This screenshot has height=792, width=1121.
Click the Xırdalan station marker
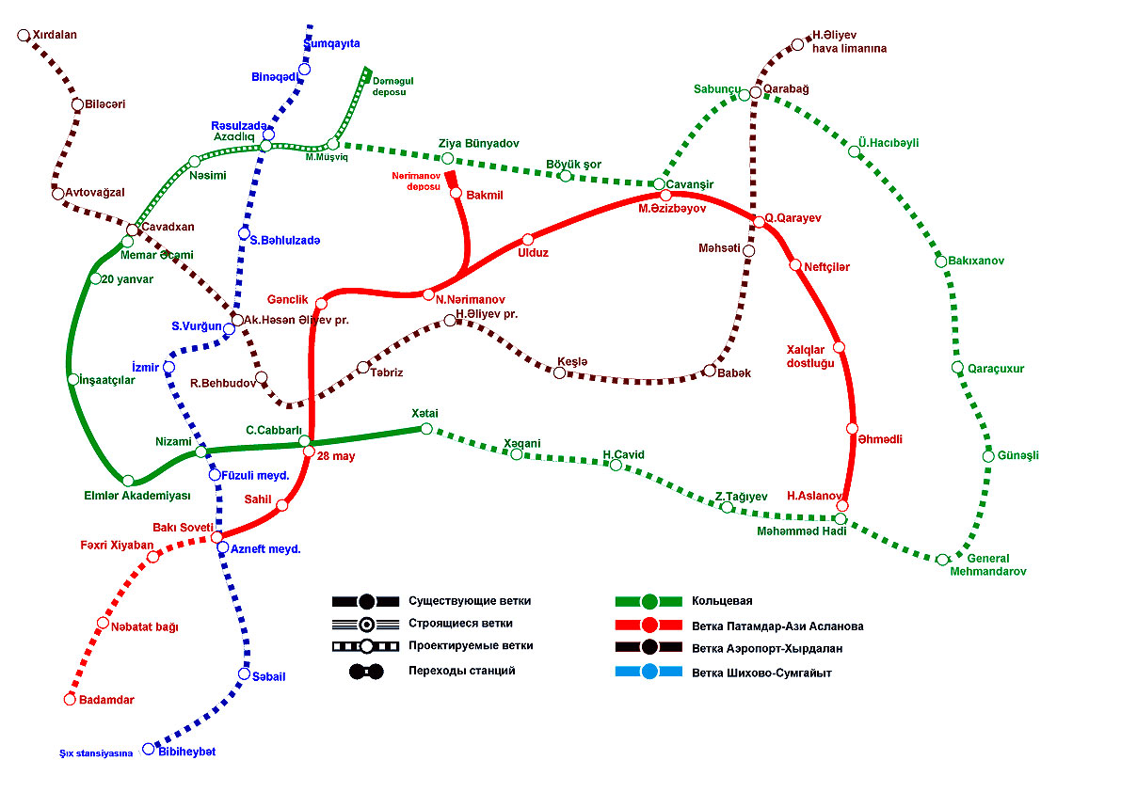point(24,36)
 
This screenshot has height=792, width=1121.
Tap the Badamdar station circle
point(69,699)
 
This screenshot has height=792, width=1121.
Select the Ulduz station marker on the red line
point(527,239)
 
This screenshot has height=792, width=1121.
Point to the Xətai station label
point(424,414)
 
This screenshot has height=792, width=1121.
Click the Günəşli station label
point(1017,455)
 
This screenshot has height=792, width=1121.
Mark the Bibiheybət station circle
point(148,749)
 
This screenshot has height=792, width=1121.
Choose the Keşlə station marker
point(559,373)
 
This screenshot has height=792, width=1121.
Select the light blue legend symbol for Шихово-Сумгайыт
point(649,672)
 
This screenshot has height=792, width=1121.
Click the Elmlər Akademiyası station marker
point(128,481)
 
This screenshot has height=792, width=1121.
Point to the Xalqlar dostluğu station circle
point(839,347)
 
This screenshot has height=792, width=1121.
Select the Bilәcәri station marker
point(77,104)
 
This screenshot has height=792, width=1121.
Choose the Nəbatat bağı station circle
point(104,623)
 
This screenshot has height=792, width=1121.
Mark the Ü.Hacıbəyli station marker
point(855,151)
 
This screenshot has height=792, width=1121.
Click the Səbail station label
point(268,676)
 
